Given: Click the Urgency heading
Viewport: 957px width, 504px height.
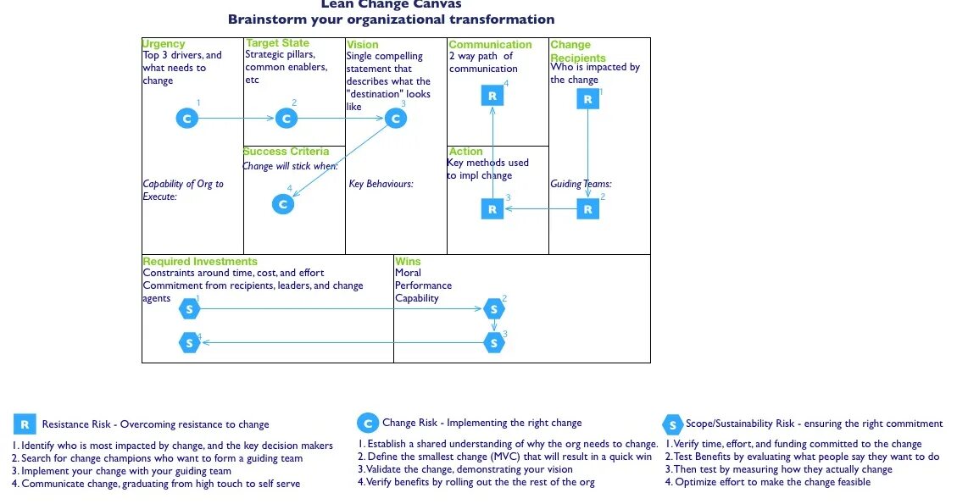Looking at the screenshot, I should (x=163, y=43).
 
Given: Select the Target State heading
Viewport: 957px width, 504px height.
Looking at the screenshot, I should (x=277, y=43).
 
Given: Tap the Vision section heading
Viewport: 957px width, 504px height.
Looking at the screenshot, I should (x=363, y=44).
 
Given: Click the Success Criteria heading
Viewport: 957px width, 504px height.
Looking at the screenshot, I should (x=286, y=152).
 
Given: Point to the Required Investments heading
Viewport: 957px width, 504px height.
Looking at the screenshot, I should (x=200, y=262).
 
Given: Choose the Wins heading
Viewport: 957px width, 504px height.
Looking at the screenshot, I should (x=408, y=262).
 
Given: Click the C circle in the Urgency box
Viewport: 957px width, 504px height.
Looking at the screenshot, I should (x=186, y=119).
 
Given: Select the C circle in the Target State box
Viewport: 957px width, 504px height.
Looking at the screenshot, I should (x=287, y=119).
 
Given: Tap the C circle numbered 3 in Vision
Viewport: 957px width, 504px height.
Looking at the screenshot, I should (x=396, y=119).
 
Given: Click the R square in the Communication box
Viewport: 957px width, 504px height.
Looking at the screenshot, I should (x=492, y=97).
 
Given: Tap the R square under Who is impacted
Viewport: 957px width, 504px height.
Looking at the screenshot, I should (x=588, y=100).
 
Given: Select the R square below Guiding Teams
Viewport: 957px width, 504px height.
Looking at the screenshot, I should (x=588, y=209).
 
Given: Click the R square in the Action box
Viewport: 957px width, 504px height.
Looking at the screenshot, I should (x=492, y=209).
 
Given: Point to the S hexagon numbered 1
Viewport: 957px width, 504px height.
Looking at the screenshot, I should (x=189, y=310).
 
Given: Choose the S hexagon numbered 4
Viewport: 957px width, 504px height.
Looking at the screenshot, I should (x=189, y=343).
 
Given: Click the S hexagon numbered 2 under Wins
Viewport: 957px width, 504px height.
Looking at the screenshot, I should (x=494, y=310).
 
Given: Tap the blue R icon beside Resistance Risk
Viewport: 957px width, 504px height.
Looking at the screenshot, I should (x=25, y=424).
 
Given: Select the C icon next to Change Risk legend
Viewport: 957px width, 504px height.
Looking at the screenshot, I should (x=368, y=424).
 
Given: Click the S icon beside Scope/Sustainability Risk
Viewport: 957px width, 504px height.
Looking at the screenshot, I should (x=672, y=424).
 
